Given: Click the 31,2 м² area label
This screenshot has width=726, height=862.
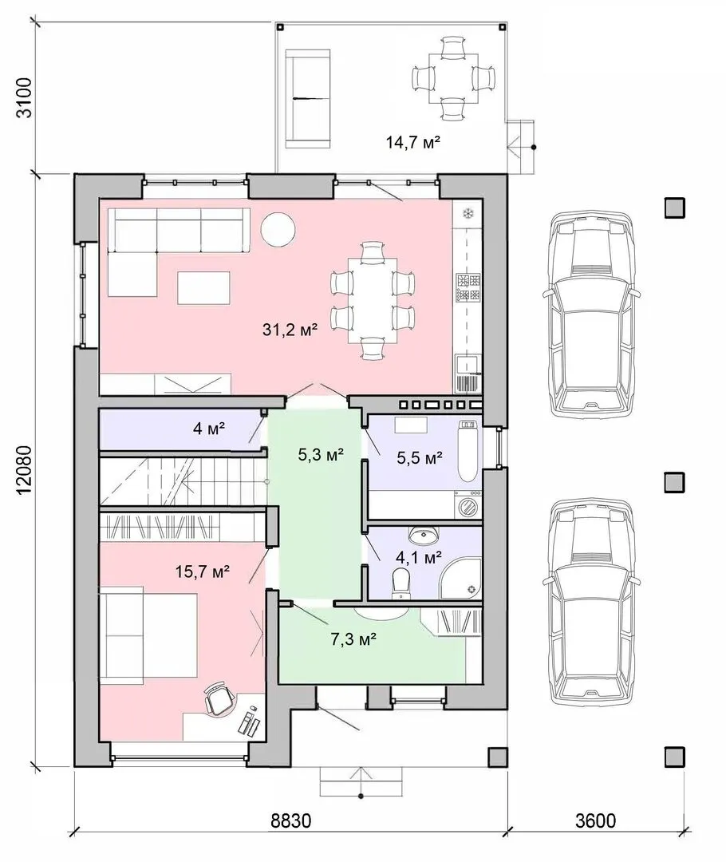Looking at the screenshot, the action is tap(290, 330).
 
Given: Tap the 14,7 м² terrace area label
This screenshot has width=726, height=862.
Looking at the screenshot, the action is tap(413, 143).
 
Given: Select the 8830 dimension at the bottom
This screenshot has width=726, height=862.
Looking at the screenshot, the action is tap(290, 820).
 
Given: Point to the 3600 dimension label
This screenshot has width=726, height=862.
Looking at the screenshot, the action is tap(596, 820).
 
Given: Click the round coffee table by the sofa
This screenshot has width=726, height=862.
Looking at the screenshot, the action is tap(278, 229).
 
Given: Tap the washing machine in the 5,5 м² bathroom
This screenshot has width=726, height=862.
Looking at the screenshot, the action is tap(468, 504).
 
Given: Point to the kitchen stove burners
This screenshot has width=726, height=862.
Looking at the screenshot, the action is tap(468, 288).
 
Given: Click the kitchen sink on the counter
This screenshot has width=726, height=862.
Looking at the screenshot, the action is tap(468, 374).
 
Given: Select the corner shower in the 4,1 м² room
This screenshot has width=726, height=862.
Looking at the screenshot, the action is tap(463, 580).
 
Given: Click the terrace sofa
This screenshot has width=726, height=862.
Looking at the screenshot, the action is tap(308, 98).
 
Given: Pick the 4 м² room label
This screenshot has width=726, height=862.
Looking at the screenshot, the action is tap(209, 428).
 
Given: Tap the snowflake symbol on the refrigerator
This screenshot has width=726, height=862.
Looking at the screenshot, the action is tap(469, 213).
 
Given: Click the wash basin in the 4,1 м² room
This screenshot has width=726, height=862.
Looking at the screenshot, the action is tap(423, 534).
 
